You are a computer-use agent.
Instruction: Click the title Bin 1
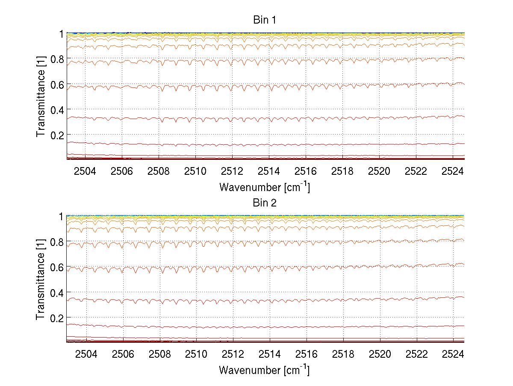pyautogui.click(x=265, y=20)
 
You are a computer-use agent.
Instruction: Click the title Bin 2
pyautogui.click(x=265, y=203)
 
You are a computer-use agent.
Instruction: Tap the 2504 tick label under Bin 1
pyautogui.click(x=85, y=172)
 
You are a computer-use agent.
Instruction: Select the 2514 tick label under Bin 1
pyautogui.click(x=269, y=172)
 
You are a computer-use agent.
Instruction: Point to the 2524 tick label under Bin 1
pyautogui.click(x=453, y=172)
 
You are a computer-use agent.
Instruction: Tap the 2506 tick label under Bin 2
pyautogui.click(x=123, y=355)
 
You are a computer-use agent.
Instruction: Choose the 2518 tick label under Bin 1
pyautogui.click(x=342, y=172)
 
